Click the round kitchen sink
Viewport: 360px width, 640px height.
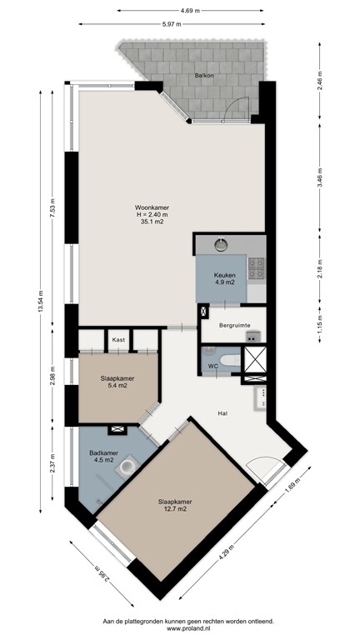click(x=222, y=245)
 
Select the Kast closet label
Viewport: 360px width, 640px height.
click(x=118, y=339)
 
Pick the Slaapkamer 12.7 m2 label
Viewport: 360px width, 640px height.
click(x=176, y=506)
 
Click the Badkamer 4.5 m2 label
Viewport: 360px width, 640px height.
click(x=102, y=457)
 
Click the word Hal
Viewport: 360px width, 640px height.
click(x=222, y=412)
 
